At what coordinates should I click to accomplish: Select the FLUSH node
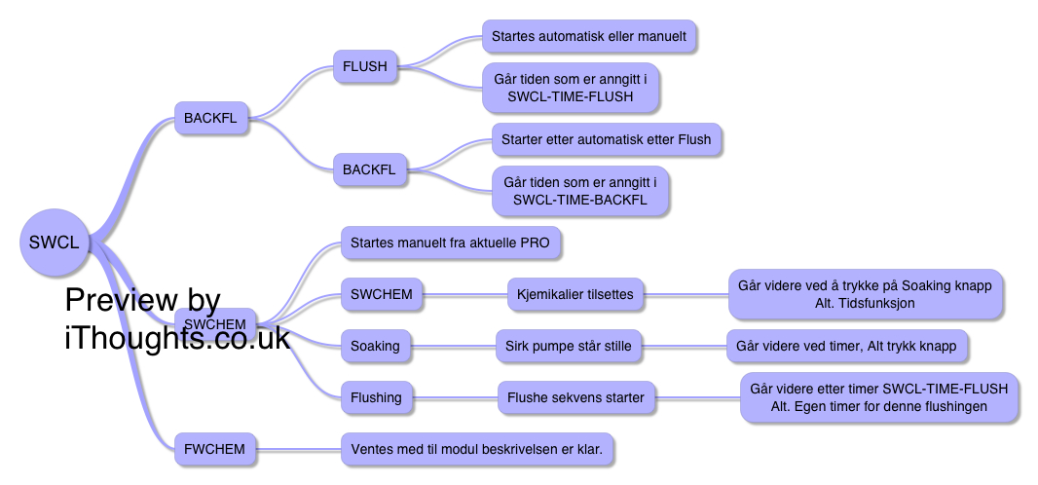[x=365, y=66]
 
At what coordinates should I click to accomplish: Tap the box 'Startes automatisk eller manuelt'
[x=589, y=36]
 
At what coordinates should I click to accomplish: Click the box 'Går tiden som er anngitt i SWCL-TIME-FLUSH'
[x=571, y=87]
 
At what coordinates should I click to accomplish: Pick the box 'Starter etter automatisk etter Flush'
[x=606, y=139]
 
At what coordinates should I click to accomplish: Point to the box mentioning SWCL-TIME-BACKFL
[x=579, y=191]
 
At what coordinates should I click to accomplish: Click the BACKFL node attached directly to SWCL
[x=211, y=119]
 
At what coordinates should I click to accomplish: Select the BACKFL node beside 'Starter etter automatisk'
[x=369, y=169]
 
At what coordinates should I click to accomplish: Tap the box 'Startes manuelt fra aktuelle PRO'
[x=451, y=242]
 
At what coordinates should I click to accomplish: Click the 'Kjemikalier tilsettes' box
[x=575, y=294]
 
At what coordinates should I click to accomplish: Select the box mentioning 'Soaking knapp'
[x=866, y=294]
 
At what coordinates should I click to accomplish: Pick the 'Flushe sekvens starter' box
[x=576, y=397]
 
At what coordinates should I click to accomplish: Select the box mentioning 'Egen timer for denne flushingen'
[x=879, y=397]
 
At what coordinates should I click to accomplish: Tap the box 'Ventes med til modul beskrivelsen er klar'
[x=477, y=449]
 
